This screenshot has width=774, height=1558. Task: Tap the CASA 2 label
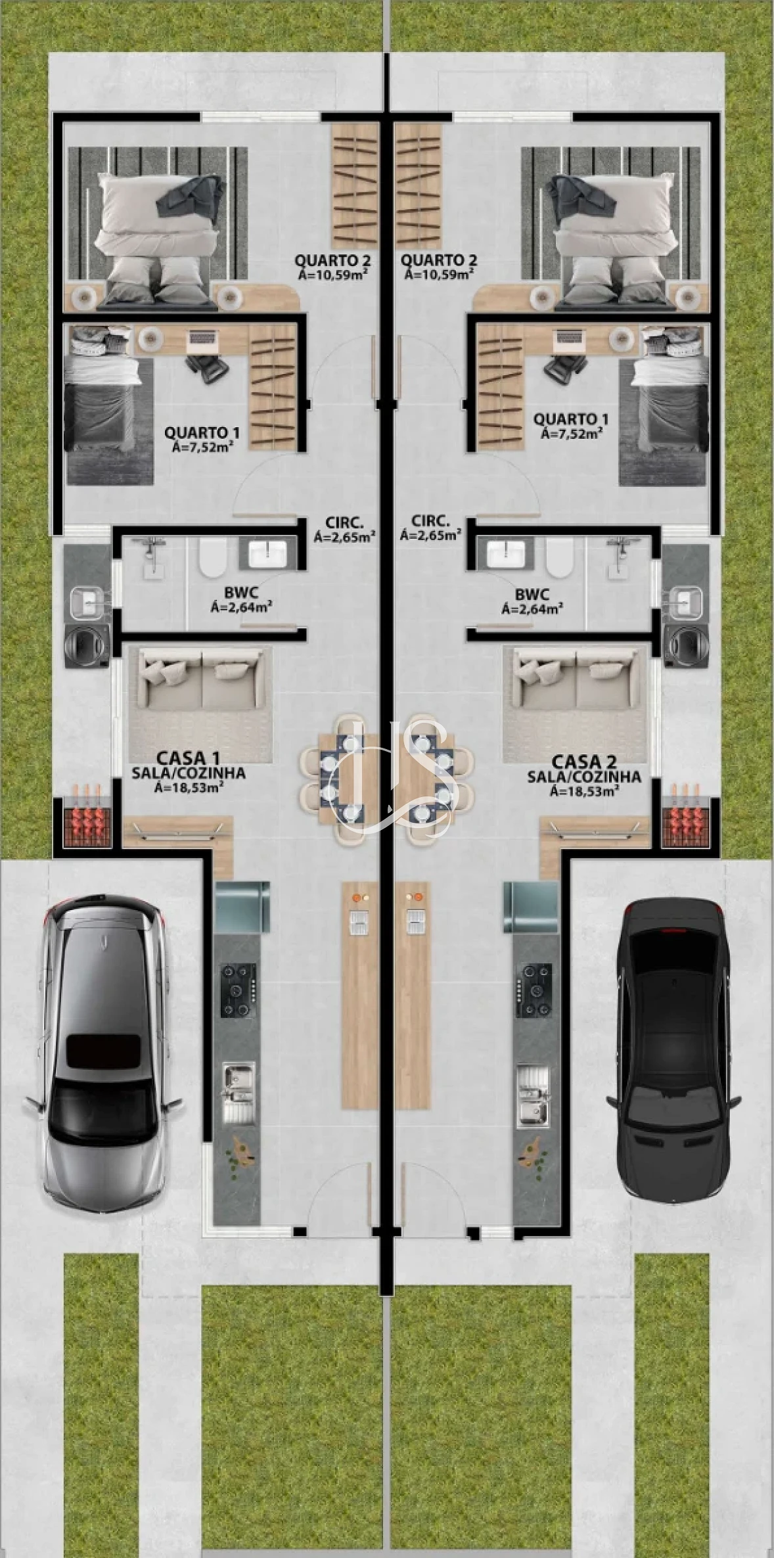[583, 762]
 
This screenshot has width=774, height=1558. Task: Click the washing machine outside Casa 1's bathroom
[86, 645]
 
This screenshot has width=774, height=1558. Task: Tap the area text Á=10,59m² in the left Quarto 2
[332, 274]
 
